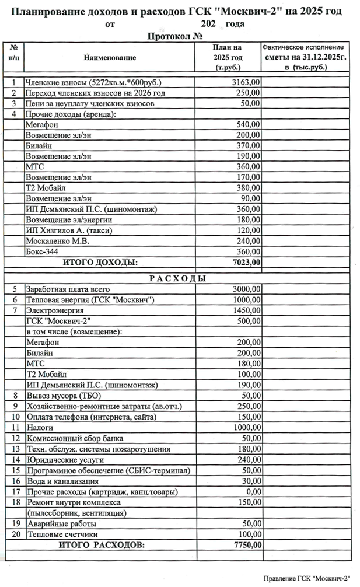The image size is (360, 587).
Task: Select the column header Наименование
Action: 110,58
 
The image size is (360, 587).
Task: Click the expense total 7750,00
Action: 246,545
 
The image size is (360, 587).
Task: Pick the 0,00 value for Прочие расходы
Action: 251,491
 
